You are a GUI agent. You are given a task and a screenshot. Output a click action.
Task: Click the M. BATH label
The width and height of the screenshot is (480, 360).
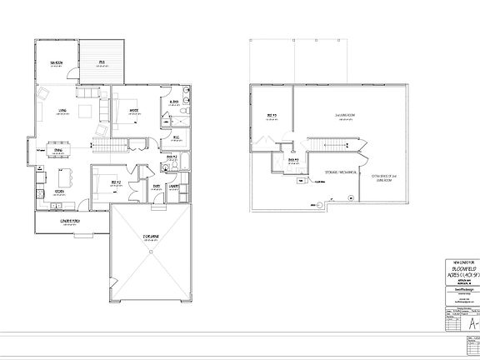(173, 103)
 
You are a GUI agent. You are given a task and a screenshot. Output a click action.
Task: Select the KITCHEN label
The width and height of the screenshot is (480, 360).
(60, 192)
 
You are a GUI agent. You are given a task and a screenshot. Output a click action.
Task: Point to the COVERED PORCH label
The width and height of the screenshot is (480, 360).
(70, 222)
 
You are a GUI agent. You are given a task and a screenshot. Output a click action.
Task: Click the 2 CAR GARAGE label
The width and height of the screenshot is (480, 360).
(150, 237)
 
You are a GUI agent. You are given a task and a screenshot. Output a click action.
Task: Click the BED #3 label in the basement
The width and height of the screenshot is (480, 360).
(272, 115)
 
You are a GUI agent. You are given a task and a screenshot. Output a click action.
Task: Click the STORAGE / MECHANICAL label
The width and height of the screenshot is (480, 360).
(342, 172)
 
